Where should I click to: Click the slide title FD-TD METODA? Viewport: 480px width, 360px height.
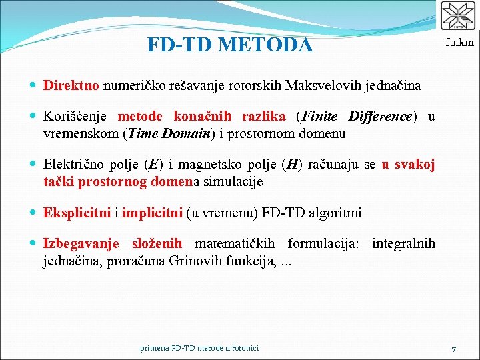[229, 45]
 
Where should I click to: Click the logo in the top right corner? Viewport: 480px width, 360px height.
[458, 17]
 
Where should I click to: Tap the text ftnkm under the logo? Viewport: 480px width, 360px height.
[460, 43]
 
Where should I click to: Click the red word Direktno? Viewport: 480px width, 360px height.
[71, 85]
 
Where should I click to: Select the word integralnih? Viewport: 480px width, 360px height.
[403, 244]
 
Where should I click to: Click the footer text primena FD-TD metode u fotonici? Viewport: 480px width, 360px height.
[200, 348]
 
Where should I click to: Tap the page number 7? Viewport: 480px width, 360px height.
[453, 349]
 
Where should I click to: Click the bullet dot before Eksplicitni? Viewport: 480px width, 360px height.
[34, 213]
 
